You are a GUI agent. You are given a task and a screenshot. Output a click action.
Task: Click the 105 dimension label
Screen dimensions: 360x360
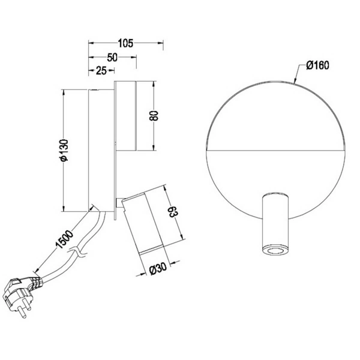coord(125,43)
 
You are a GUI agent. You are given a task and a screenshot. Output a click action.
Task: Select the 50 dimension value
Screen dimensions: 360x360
coord(112,58)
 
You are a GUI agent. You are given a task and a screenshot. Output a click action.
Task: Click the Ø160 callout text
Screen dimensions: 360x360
coord(317,66)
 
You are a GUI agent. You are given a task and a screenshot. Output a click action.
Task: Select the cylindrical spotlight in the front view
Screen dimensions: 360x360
coord(277,226)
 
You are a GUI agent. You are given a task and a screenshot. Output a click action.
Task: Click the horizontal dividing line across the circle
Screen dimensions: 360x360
coord(277,148)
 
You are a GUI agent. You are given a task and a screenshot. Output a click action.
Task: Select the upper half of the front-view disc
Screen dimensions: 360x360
coord(277,114)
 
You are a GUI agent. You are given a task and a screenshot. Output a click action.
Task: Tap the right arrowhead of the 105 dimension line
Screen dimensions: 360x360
coord(161,43)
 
